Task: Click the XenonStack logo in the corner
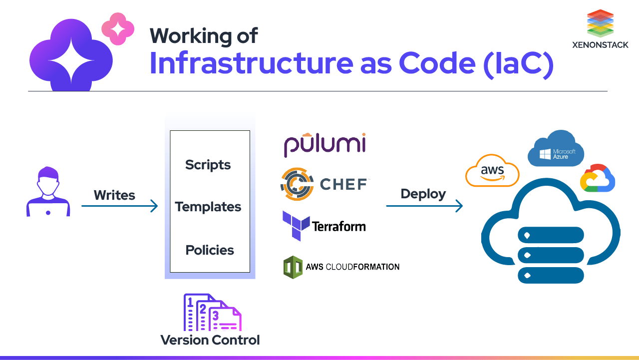(600, 28)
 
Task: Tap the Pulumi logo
(324, 145)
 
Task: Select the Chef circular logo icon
(297, 184)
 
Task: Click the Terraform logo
(323, 226)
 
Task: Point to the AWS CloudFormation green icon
(293, 267)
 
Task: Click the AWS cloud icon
(492, 171)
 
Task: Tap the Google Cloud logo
(597, 178)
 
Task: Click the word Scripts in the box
(208, 165)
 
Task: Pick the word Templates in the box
(208, 207)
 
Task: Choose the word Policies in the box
(210, 250)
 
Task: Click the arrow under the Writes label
(120, 206)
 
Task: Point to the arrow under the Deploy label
(424, 206)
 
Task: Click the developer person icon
(48, 192)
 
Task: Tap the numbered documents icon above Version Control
(212, 313)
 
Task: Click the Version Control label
(210, 340)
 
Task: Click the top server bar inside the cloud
(551, 235)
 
